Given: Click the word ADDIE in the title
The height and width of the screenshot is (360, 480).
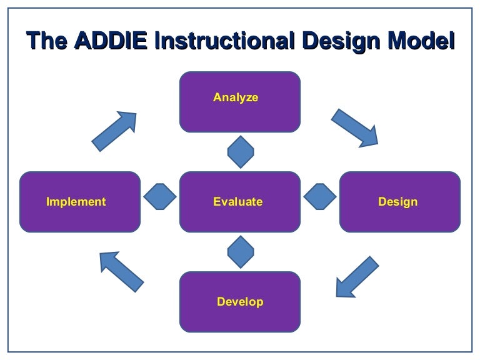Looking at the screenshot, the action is point(111,41).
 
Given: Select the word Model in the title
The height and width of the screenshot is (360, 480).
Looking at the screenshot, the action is point(421,41).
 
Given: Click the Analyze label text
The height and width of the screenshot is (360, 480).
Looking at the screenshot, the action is point(236,98).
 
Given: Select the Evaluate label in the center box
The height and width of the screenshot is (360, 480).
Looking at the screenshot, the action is point(238,202).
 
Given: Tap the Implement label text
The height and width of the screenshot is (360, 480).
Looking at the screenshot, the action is point(76,202).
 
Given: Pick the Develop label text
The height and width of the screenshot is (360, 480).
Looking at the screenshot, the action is point(240,302).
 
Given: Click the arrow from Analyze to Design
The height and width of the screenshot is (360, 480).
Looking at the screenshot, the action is point(355,128).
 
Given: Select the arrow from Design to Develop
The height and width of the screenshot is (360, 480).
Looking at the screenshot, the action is point(357,277).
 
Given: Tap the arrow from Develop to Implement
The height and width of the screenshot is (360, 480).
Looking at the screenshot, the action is point(121,272).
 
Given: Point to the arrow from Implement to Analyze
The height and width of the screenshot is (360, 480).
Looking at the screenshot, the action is point(114,131).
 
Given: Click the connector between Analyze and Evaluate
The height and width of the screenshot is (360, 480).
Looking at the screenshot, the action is point(241,152).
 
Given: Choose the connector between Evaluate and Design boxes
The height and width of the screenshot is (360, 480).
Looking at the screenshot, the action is point(320,196).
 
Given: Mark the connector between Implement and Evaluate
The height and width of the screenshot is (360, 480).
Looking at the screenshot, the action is point(160,196).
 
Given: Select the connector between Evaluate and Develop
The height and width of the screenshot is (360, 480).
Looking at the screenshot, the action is point(241,252).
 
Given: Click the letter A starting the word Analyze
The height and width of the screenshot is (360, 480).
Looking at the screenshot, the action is point(217,97).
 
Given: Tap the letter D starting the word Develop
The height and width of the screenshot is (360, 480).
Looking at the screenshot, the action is point(221,301).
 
